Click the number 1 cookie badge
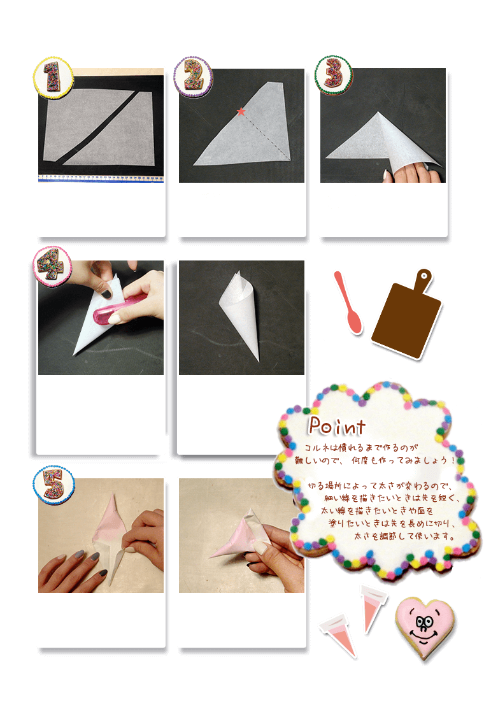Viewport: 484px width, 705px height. [53, 77]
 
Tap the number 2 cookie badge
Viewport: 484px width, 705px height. [194, 76]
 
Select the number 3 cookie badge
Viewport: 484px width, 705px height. [333, 75]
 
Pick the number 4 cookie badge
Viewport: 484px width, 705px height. [52, 266]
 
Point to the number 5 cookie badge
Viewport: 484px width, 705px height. [53, 485]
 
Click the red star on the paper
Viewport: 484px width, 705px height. [241, 111]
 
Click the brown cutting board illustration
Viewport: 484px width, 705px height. [407, 314]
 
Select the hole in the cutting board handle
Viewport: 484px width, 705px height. [423, 275]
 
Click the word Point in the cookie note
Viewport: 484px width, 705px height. [337, 426]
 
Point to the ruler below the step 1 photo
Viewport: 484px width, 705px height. [101, 178]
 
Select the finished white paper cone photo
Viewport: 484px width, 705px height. [241, 317]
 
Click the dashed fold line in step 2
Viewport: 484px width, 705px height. [266, 136]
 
